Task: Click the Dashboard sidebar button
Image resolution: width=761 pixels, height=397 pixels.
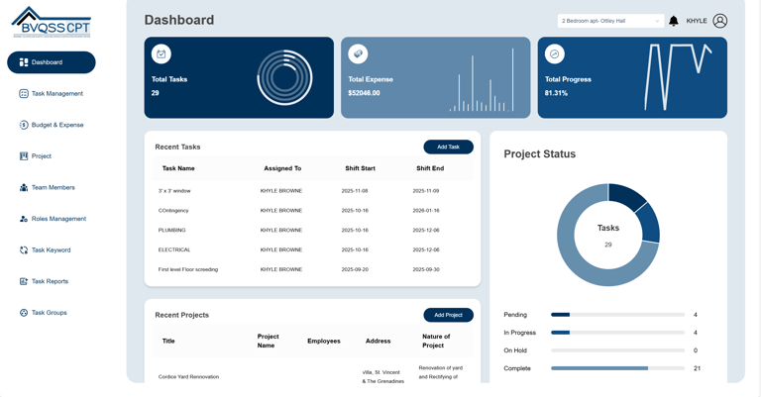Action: (x=52, y=62)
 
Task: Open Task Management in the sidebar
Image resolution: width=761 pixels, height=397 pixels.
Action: (x=56, y=94)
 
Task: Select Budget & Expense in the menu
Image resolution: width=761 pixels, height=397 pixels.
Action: (x=56, y=125)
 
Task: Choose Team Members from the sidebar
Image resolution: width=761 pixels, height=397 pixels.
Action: (x=53, y=187)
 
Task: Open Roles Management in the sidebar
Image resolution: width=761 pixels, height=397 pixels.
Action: (x=57, y=219)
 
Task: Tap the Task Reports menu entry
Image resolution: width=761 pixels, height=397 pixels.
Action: (x=50, y=281)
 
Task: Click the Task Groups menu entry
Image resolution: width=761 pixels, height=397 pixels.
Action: (x=49, y=313)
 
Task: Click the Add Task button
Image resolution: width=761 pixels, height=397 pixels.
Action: (x=448, y=147)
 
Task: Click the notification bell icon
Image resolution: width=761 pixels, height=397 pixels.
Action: (x=674, y=21)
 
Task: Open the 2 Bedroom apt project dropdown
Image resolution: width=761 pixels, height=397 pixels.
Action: (x=610, y=21)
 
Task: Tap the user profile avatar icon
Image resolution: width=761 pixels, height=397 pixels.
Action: (x=720, y=21)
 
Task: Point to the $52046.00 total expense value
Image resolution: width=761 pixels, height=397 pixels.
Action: (x=364, y=93)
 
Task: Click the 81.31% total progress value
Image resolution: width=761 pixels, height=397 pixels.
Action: (x=556, y=93)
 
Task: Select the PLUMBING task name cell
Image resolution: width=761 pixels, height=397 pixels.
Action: (x=171, y=230)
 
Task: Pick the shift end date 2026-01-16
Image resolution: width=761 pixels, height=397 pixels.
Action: (x=426, y=210)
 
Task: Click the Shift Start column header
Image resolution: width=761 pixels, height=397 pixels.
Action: (x=360, y=168)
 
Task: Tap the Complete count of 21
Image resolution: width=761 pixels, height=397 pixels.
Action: (x=697, y=368)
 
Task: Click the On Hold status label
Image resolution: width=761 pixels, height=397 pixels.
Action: (x=515, y=350)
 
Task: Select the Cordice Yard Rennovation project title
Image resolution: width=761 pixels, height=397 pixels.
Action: (x=188, y=376)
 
